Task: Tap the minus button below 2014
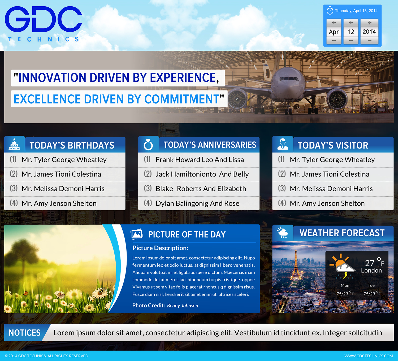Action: coord(369,41)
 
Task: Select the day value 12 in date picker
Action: coord(351,32)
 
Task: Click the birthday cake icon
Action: coord(15,144)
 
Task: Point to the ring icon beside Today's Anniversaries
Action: coord(148,145)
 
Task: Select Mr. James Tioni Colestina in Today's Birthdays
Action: coord(61,174)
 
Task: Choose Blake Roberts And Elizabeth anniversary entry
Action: coord(201,189)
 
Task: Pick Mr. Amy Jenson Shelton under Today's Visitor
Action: coord(327,203)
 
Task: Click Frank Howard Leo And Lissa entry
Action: coord(200,160)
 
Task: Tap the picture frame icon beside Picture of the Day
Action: coord(137,234)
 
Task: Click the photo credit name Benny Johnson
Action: coord(182,306)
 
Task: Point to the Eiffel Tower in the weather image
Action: coord(296,268)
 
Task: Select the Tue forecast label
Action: coord(371,285)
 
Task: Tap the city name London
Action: coord(371,271)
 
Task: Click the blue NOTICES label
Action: coord(25,333)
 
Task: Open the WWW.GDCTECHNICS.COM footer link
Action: coord(368,356)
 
